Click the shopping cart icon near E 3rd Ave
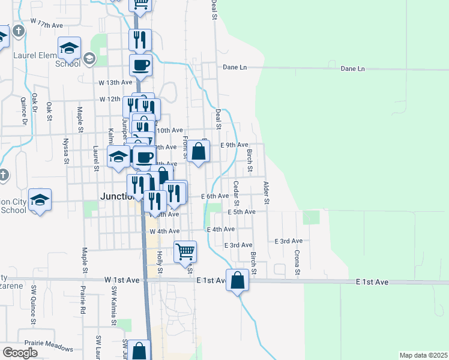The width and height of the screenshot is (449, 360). click(185, 251)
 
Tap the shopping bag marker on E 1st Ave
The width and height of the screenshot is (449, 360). click(237, 280)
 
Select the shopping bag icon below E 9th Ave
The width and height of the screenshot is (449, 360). click(199, 152)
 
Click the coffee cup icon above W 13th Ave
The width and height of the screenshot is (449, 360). click(140, 65)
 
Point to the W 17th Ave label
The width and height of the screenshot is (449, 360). click(49, 25)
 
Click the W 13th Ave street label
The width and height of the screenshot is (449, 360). click(115, 82)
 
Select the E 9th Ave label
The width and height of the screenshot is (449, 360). click(234, 145)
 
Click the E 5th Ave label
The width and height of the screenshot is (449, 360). click(241, 212)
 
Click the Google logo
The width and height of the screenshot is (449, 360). click(20, 353)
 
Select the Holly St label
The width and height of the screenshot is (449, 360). click(160, 262)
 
